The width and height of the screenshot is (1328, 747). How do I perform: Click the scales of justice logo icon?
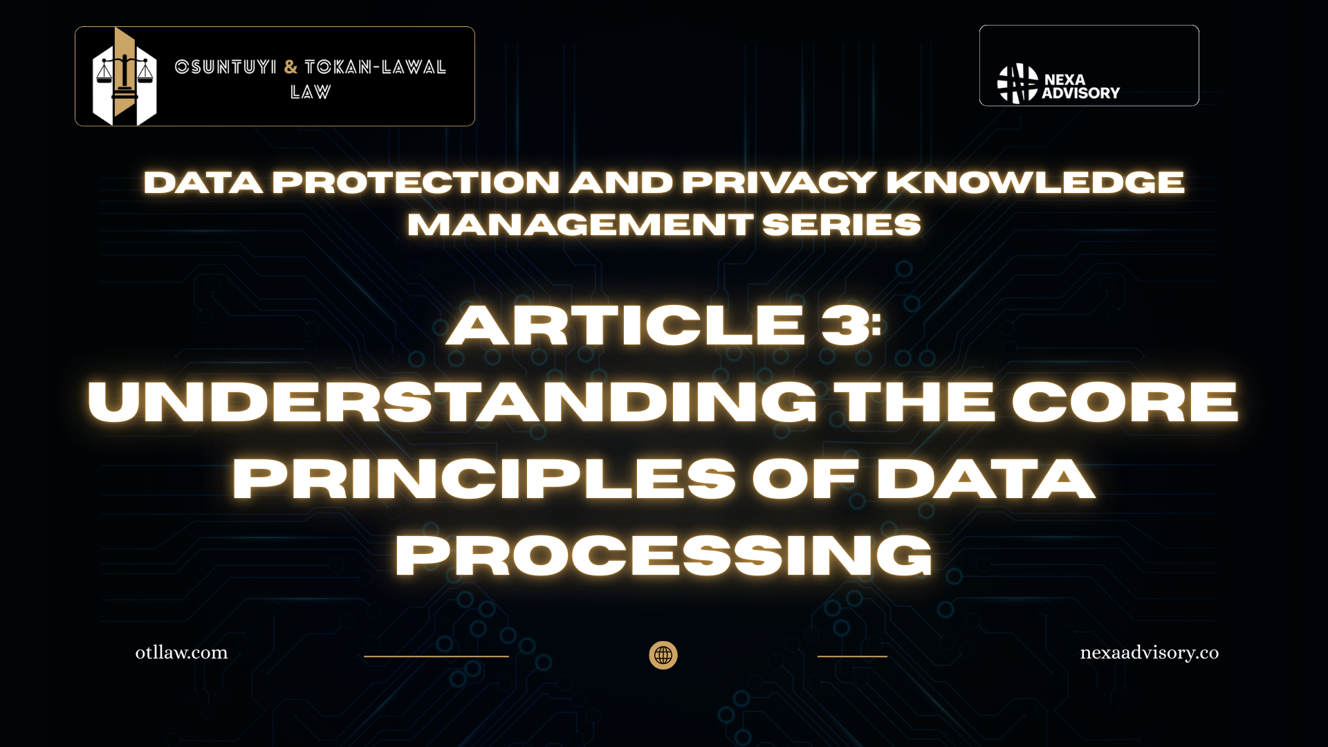click(124, 77)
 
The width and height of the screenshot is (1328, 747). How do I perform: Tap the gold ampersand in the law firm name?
click(290, 67)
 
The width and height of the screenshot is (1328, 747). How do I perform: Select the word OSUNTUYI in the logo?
click(225, 67)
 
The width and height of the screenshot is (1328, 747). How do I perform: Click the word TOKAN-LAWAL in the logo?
click(376, 67)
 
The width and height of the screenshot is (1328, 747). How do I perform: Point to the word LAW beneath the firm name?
click(311, 92)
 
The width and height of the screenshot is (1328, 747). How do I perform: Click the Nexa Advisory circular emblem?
click(1017, 84)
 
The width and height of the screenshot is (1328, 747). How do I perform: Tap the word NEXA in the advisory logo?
click(1064, 80)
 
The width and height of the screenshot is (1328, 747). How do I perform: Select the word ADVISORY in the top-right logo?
click(1080, 93)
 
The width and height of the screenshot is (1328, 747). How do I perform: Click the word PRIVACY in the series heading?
click(780, 183)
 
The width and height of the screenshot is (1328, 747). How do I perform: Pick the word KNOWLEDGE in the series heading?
click(1035, 183)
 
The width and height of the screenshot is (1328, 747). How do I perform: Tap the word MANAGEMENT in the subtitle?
click(580, 225)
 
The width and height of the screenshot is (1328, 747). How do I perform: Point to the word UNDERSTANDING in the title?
click(453, 402)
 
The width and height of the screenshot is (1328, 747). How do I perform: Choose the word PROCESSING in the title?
click(664, 555)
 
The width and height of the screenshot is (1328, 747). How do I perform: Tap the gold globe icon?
click(663, 655)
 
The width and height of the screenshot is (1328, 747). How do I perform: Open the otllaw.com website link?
click(181, 652)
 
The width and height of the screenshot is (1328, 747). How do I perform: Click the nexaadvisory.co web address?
click(1150, 653)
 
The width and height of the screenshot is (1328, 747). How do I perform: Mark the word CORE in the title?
click(1125, 402)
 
